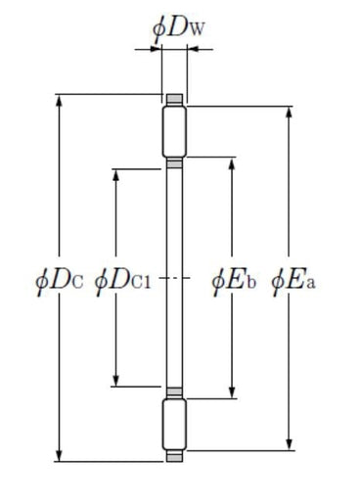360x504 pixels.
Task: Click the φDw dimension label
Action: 178,29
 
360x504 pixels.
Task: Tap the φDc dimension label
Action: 59,282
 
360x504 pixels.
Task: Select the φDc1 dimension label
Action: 123,282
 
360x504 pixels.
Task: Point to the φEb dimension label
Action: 234,282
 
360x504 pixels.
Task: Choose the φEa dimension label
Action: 293,282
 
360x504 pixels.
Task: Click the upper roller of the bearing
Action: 174,131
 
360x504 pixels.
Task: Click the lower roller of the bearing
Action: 174,425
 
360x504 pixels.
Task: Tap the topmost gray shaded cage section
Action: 174,98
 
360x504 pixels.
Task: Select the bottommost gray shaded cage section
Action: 174,457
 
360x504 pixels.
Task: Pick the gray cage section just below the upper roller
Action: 174,163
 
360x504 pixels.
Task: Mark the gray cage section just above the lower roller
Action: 174,391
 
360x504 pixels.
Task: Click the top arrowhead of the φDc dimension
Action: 59,101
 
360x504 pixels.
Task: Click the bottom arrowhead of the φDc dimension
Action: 59,455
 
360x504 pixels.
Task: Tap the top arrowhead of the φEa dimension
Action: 289,113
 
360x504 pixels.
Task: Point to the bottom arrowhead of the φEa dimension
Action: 289,444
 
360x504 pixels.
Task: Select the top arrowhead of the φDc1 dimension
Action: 115,175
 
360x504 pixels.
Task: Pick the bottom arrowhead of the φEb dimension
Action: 232,392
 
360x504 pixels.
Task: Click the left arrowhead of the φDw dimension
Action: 156,49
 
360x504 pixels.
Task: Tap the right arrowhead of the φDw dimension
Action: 193,49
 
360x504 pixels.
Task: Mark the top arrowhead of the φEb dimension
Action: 232,163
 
